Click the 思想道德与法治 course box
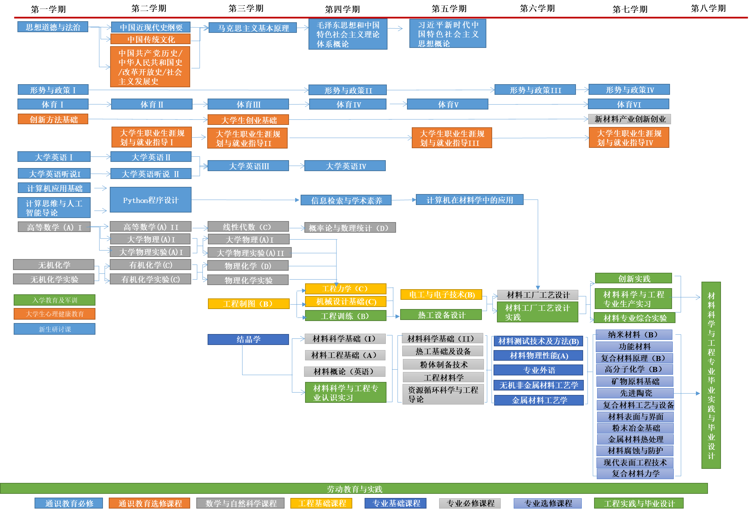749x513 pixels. (53, 27)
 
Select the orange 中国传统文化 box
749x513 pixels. (150, 39)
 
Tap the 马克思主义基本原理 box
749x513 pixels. (253, 28)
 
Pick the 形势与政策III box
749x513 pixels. (535, 90)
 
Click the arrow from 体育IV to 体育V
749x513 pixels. (397, 104)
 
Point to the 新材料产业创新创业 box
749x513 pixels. (629, 119)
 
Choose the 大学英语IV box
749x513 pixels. (345, 166)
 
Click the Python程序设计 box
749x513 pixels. (150, 200)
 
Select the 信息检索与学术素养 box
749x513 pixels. (346, 201)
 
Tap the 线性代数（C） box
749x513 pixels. (248, 227)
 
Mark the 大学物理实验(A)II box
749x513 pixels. (250, 253)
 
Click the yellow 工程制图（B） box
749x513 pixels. (249, 304)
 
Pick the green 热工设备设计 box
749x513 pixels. (441, 315)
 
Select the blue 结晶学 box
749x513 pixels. (248, 339)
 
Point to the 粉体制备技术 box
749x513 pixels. (443, 364)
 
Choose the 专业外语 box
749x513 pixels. (538, 370)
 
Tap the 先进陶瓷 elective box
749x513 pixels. (635, 393)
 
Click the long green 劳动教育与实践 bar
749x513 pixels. (354, 489)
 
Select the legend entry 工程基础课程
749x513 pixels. (321, 503)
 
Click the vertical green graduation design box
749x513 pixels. (711, 375)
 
